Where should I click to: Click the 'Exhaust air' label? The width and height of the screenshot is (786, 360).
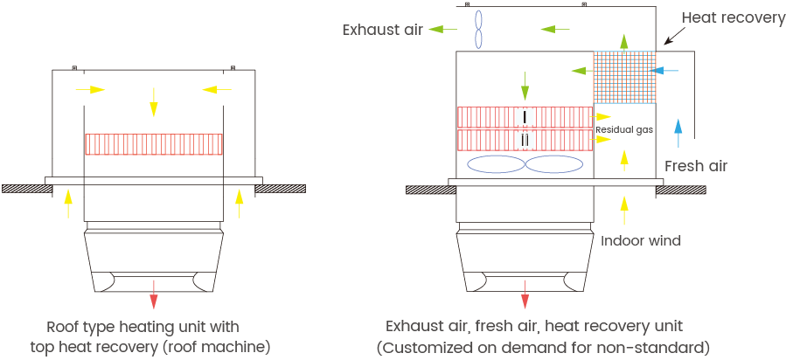382,30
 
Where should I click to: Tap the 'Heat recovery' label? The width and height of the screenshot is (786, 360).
733,17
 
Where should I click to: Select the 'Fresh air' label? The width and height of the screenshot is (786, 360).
696,165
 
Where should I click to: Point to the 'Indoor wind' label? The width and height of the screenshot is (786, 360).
641,239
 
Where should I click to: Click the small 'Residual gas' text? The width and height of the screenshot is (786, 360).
624,129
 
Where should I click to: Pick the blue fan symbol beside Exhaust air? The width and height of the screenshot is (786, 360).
478,29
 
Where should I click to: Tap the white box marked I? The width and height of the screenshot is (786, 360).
525,116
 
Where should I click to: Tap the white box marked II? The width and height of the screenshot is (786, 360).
525,139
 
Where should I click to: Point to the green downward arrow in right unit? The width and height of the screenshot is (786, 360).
525,86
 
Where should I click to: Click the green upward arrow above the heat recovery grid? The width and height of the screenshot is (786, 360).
624,41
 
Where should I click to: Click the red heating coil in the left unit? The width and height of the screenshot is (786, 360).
154,144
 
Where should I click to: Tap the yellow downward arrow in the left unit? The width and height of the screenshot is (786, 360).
154,101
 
